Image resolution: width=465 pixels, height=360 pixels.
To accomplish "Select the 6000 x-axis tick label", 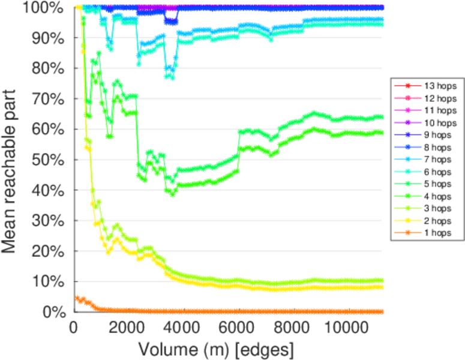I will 236,328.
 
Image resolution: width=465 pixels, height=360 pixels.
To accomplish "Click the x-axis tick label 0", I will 74,328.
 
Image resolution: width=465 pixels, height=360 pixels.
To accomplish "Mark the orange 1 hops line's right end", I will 382,312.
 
